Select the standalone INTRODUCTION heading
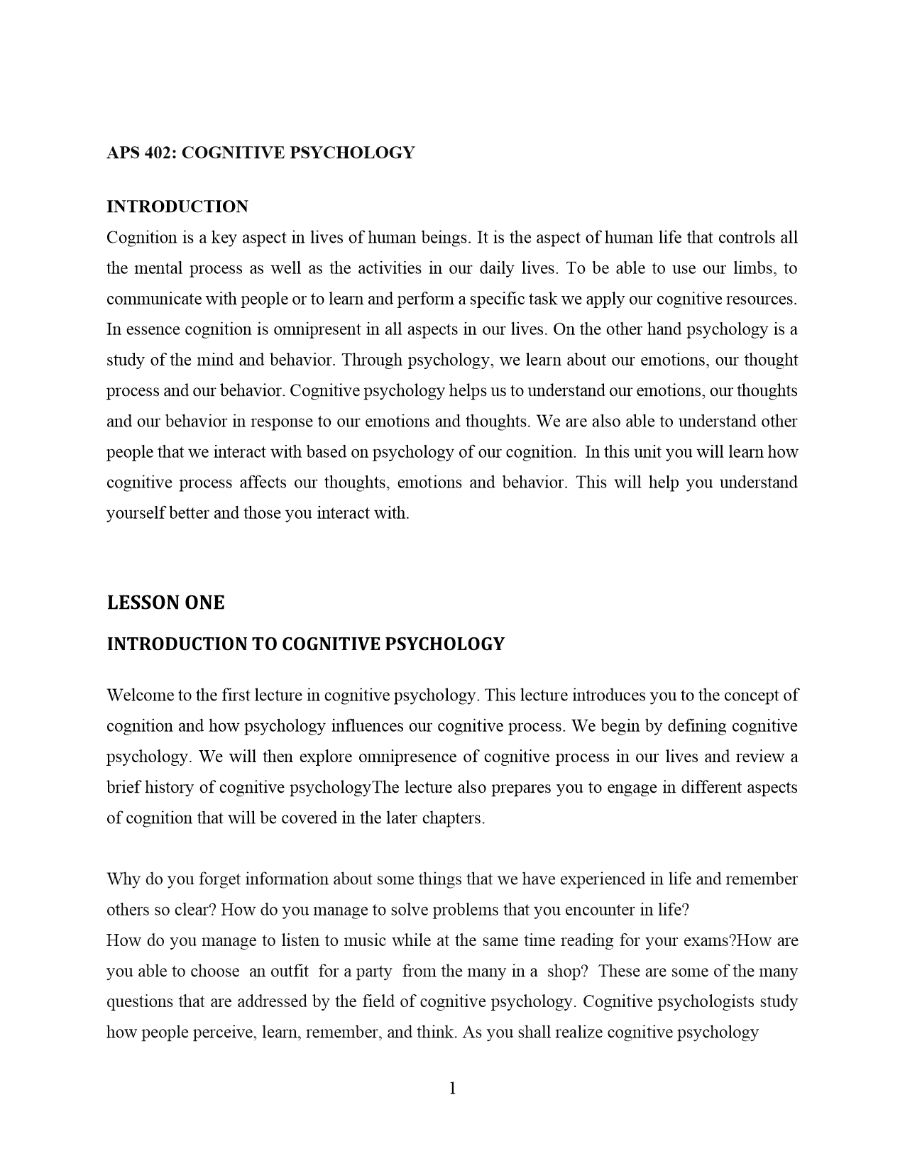coord(177,207)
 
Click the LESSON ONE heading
coord(165,603)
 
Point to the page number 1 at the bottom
coord(452,1088)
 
